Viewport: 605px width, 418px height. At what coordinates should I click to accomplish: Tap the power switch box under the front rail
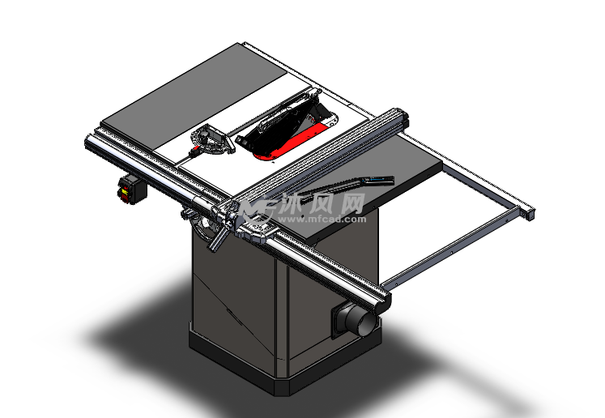[x=132, y=189]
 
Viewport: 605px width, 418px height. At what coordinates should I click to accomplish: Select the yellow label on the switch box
[x=126, y=190]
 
